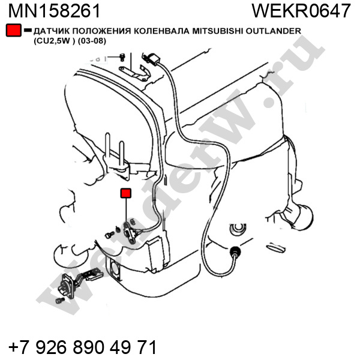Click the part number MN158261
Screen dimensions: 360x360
click(x=55, y=11)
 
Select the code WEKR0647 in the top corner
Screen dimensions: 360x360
click(x=301, y=11)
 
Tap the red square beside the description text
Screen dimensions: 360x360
click(x=14, y=30)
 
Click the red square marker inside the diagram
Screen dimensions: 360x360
click(x=126, y=193)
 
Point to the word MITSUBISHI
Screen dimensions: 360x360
click(x=218, y=31)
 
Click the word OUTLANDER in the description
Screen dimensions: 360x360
click(x=273, y=31)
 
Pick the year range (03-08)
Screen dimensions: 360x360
click(x=92, y=41)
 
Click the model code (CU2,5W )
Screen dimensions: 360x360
click(x=55, y=41)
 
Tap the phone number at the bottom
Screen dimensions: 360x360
click(x=83, y=347)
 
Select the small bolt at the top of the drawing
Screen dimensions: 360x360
click(x=122, y=57)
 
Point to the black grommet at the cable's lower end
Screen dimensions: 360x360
click(x=235, y=250)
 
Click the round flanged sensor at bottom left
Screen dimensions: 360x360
click(x=67, y=286)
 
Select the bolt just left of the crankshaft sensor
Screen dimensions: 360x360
click(x=110, y=235)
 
